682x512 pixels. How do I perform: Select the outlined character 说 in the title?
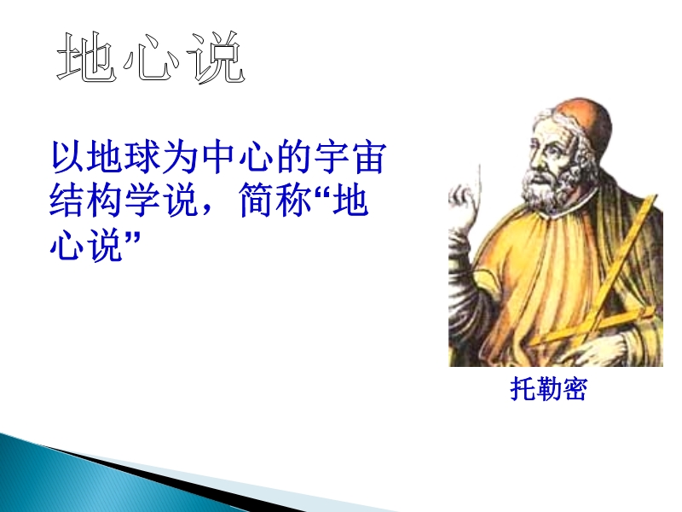(216, 57)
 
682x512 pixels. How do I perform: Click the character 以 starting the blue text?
(67, 156)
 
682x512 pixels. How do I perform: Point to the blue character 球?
(142, 156)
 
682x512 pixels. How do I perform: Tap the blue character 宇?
(332, 156)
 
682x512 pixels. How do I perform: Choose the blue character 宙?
(370, 156)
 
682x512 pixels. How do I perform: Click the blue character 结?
(66, 201)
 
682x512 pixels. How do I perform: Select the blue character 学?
(142, 201)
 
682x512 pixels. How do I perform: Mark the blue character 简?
(257, 201)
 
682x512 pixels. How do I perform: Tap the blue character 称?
(294, 201)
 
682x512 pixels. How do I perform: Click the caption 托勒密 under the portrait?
(548, 389)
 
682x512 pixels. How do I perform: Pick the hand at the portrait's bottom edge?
(600, 350)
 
